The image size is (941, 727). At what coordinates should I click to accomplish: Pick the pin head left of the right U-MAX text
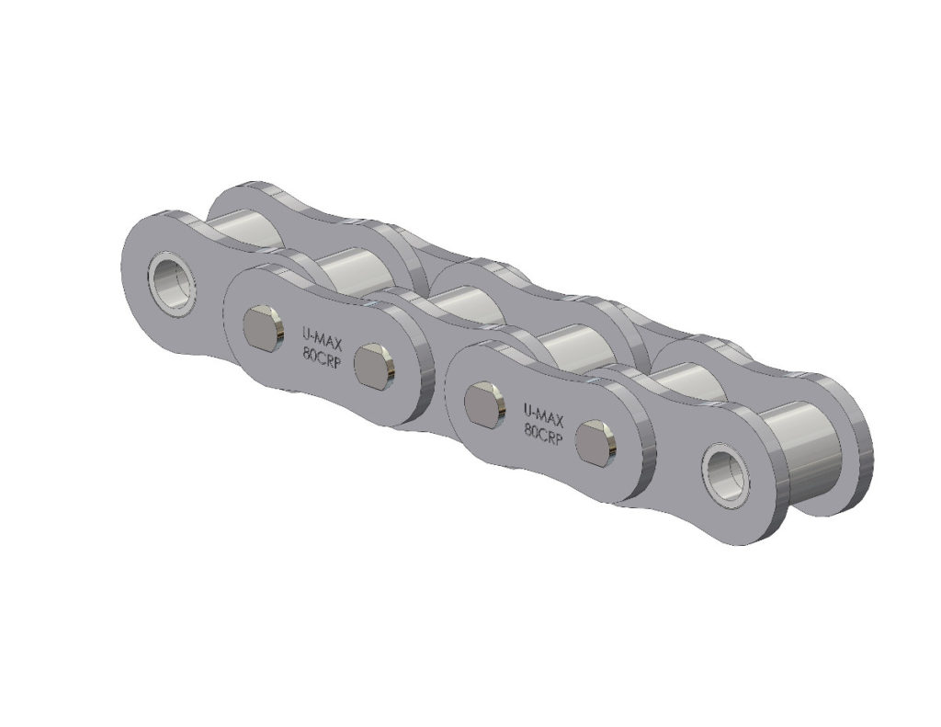coord(483,404)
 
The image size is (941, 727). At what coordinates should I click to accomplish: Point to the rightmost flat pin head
coord(595,442)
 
